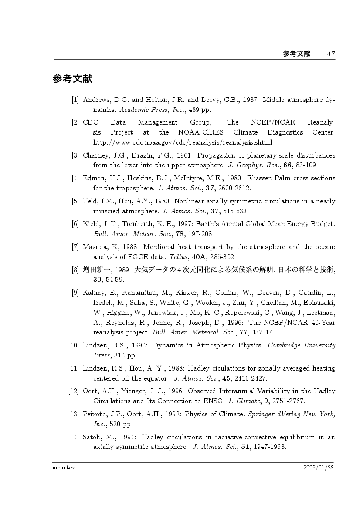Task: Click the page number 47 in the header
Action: [331, 54]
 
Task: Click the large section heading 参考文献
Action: [72, 80]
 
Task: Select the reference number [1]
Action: [75, 100]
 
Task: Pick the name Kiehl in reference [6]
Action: [91, 224]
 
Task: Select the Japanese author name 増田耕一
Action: [95, 270]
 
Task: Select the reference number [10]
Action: [74, 345]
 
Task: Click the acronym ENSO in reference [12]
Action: [215, 401]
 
